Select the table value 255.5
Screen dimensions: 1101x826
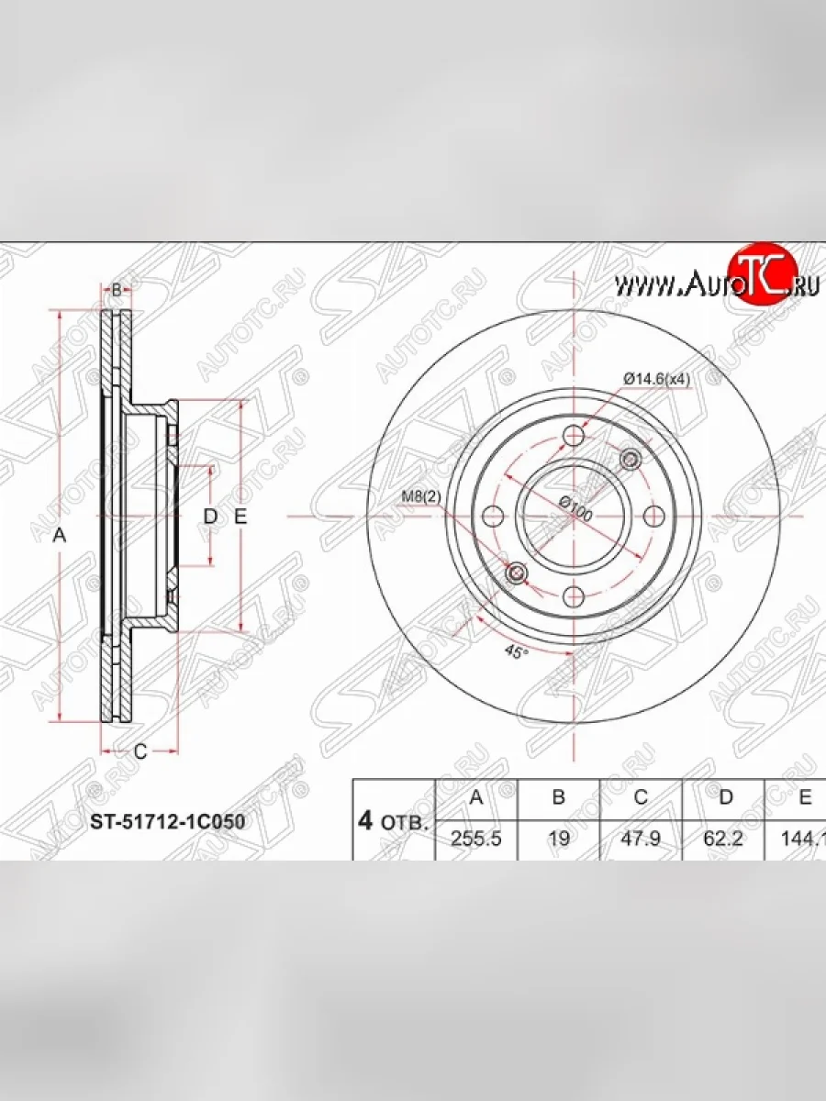coord(476,838)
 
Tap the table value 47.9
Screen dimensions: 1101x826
coord(641,838)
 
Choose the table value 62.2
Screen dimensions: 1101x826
coord(724,838)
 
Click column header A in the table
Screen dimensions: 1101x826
coord(476,797)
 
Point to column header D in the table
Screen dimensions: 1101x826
coord(725,797)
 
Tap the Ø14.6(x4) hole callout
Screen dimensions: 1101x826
coord(657,378)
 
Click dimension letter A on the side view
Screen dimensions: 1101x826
coord(60,536)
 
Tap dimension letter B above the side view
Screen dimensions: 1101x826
coord(117,290)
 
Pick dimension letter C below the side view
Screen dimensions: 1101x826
coord(140,752)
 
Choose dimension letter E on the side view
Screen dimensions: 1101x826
coord(240,517)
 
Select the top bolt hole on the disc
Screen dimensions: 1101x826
coord(575,435)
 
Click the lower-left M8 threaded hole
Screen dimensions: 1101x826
coord(517,573)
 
